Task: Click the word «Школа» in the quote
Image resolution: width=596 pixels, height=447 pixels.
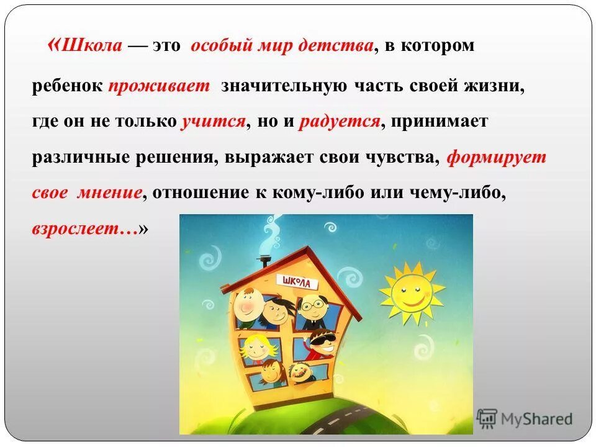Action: coord(93,47)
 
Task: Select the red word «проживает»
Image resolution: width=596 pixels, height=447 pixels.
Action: coord(160,86)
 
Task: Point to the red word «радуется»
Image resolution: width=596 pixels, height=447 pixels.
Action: coord(339,121)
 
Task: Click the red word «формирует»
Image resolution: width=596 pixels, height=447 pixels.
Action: coord(497,157)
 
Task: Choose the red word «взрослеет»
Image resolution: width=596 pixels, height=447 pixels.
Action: coord(84,228)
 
